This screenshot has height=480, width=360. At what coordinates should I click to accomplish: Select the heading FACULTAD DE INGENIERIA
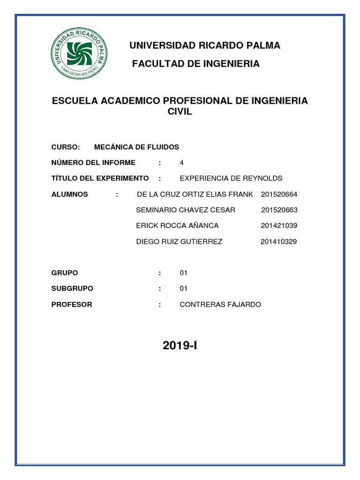pos(195,64)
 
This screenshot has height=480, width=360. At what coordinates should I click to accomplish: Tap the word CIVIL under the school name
pos(180,112)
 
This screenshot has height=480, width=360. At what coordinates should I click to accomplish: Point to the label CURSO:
pos(66,147)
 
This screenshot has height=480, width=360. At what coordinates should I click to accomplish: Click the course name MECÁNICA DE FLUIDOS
pos(136,147)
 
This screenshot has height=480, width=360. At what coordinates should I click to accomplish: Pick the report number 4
pos(181,163)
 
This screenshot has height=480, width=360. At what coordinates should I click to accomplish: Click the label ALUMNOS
pos(69,194)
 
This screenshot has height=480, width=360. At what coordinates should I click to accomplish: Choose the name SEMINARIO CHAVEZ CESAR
pos(185,210)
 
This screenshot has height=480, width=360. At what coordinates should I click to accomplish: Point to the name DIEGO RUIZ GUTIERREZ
pos(179,242)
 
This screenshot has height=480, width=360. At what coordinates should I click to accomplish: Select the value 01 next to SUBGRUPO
pos(183,288)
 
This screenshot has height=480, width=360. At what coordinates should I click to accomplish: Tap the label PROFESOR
pos(72,305)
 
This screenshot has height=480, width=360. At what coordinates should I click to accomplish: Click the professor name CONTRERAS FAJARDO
pos(220,305)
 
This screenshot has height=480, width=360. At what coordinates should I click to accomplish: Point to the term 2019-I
pos(180,346)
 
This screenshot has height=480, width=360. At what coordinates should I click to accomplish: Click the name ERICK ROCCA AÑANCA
pos(177,225)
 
